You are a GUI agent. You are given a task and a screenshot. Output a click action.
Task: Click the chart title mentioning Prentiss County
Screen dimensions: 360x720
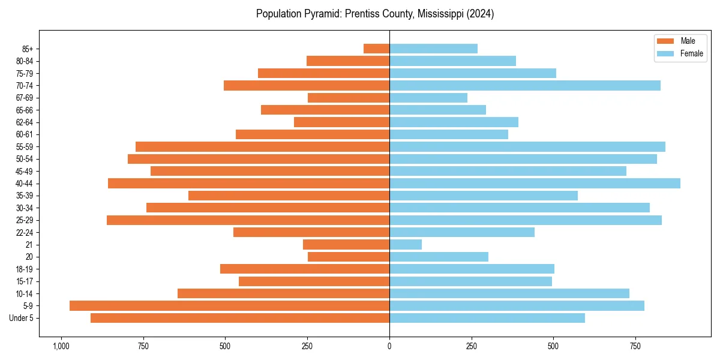pos(375,14)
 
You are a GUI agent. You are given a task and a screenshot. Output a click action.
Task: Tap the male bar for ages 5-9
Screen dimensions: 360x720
pos(229,305)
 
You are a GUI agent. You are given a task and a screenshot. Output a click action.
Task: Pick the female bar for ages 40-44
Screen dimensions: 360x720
pos(535,183)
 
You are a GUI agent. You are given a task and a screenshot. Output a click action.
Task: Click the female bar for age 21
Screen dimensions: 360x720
pos(406,244)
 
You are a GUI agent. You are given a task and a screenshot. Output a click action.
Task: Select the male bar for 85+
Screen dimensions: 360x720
pos(376,49)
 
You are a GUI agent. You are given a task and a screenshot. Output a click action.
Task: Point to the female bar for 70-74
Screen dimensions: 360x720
pos(525,85)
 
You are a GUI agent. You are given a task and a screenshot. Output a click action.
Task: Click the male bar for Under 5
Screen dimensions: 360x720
pos(240,318)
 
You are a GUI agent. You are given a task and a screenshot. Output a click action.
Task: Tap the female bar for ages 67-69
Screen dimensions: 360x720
pos(428,98)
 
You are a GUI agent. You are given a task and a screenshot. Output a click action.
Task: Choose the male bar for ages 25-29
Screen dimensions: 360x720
pos(248,220)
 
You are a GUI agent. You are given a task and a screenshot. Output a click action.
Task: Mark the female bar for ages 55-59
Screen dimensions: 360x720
pos(527,146)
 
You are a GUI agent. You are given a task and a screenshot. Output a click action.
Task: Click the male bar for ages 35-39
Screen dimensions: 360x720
pos(289,196)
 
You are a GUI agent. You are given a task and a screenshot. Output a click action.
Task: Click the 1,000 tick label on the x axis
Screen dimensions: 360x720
pos(61,346)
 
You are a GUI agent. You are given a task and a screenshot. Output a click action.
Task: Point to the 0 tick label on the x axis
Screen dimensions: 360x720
pos(389,346)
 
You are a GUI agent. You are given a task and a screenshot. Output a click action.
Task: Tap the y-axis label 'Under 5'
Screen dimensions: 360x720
pos(21,318)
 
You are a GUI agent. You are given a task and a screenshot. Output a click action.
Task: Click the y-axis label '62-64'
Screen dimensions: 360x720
pos(25,122)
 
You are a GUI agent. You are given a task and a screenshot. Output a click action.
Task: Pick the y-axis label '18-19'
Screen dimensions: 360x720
pos(25,269)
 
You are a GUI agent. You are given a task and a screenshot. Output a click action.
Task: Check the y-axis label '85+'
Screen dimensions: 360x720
pos(26,49)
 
